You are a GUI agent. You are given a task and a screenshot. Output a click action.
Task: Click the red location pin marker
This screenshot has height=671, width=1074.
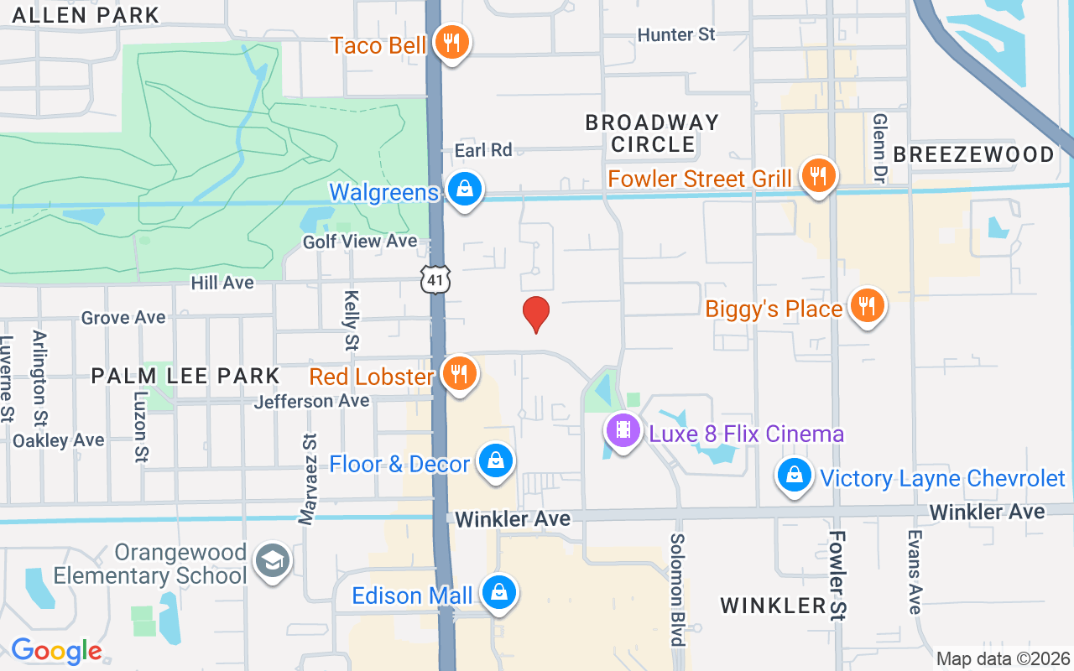[536, 314]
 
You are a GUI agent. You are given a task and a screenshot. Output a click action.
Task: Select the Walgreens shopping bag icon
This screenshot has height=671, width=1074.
[464, 189]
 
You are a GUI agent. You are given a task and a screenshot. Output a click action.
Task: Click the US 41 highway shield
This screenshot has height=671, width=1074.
[436, 279]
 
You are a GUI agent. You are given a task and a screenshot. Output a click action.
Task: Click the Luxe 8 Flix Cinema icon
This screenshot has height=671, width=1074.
[623, 431]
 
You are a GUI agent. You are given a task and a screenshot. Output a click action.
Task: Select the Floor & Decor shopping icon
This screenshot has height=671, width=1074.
[496, 461]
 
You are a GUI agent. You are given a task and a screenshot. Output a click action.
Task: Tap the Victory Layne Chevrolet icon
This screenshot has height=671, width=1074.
[794, 476]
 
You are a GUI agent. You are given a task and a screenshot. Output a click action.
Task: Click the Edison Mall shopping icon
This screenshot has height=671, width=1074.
[499, 592]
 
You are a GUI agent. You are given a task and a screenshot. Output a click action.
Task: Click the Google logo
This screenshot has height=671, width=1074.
[56, 651]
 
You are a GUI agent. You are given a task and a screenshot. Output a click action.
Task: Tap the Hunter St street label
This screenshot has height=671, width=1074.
[676, 34]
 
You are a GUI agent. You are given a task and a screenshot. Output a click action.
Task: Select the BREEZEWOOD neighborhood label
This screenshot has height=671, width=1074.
[973, 154]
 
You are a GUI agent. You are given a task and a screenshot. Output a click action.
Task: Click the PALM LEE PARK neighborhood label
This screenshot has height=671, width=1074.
[185, 375]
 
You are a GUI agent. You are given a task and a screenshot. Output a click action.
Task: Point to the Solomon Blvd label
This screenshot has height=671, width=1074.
[677, 590]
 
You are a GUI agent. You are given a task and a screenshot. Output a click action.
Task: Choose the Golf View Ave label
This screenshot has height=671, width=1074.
[360, 242]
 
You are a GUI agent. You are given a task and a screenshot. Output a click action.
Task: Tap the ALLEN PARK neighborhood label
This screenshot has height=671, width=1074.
[86, 15]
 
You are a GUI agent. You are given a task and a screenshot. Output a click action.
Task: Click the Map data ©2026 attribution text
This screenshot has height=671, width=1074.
[1004, 658]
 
